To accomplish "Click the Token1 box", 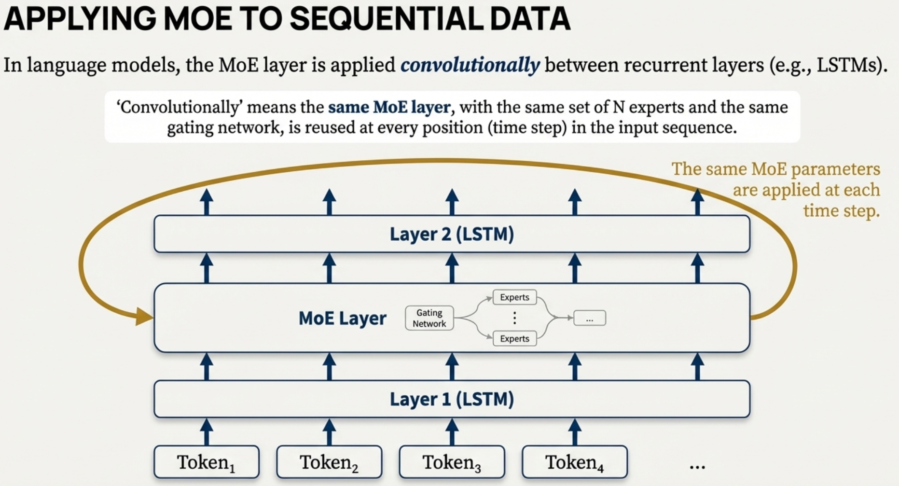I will point(206,462).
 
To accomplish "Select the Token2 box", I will point(329,462).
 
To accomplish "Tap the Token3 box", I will point(452,462).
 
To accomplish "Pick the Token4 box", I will point(574,462).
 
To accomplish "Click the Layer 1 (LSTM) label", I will point(452,399).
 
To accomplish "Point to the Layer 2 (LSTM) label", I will point(452,234).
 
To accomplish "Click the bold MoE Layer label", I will point(342,318).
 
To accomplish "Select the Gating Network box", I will point(429,318).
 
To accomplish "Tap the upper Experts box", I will point(514,297).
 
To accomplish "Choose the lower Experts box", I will point(514,339).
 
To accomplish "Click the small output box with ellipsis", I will point(589,319).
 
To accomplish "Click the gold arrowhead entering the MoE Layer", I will point(144,317).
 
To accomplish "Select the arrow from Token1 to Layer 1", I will point(207,431).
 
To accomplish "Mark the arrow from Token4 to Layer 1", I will point(574,431).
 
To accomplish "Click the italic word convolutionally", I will point(470,65).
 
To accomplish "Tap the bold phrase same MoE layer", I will point(389,107).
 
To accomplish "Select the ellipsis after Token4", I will point(697,466).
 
